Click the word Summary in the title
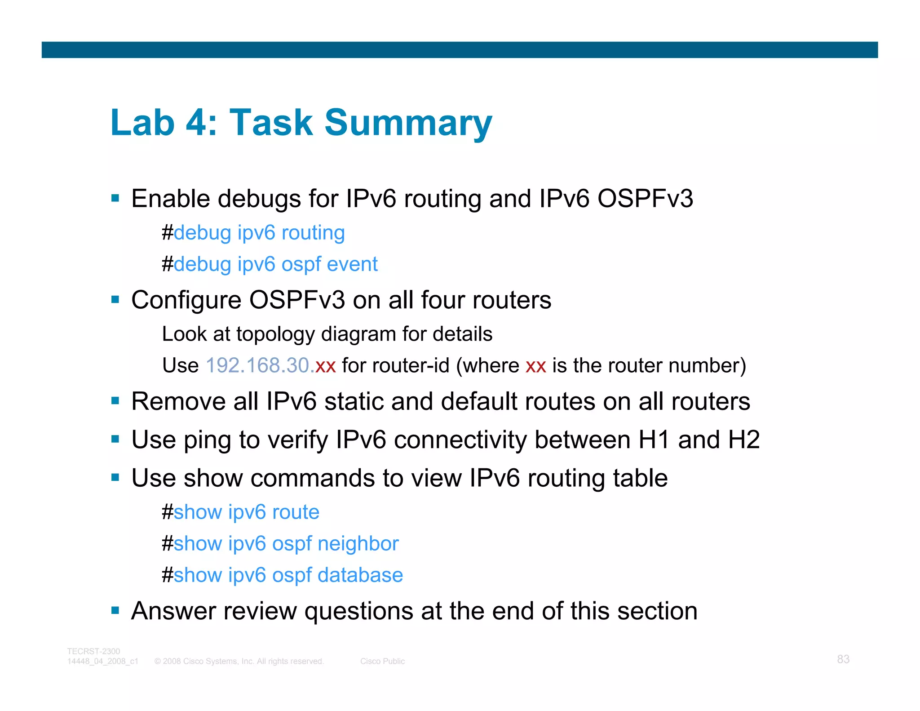(x=408, y=123)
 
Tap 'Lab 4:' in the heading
(x=164, y=123)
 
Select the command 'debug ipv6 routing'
(x=259, y=233)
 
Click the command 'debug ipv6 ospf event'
(x=275, y=264)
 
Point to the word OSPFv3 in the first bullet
(x=645, y=199)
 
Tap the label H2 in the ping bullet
(x=743, y=440)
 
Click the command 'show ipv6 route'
(x=246, y=512)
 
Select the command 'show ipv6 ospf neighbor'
(x=286, y=544)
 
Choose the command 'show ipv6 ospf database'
(x=288, y=575)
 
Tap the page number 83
(x=843, y=659)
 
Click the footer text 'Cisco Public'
(x=382, y=662)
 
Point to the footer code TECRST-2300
(x=93, y=651)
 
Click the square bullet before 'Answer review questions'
(x=115, y=610)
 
